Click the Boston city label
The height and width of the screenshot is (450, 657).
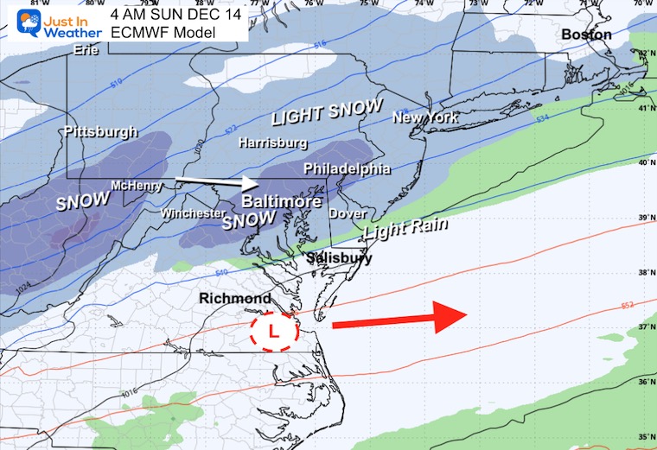coord(586,35)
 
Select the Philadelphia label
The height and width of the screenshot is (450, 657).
coord(347,169)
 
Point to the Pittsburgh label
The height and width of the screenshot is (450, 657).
coord(100,132)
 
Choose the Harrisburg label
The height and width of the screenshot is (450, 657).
coord(272,143)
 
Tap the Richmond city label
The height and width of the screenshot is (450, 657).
coord(235,299)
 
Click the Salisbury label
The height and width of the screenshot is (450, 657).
coord(339,257)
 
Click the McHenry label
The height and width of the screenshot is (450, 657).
coord(133,186)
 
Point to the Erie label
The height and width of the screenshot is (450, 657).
coord(86,50)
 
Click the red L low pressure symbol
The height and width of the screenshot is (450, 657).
coord(273,330)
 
